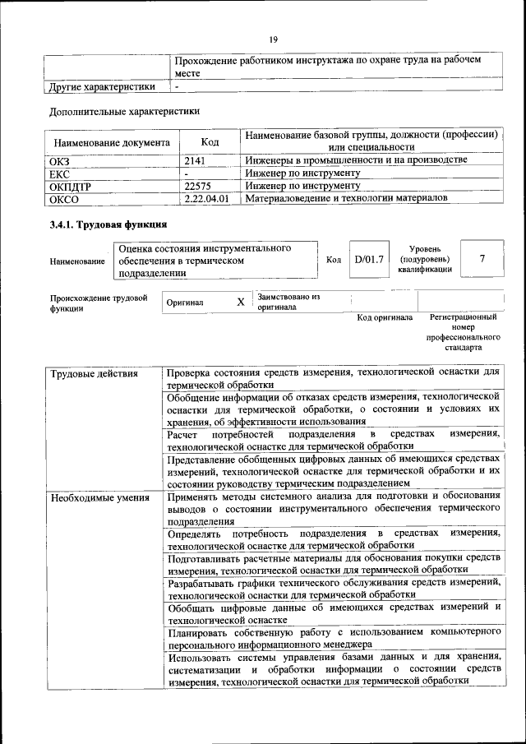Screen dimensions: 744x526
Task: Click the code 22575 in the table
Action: (x=200, y=186)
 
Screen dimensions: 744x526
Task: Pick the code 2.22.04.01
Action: (x=206, y=199)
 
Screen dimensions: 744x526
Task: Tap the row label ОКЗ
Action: (x=60, y=160)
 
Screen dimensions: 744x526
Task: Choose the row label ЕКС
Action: (x=59, y=173)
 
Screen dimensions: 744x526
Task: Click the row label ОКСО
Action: (x=63, y=199)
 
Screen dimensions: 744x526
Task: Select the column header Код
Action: (x=209, y=141)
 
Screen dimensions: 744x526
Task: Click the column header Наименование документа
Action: (x=112, y=141)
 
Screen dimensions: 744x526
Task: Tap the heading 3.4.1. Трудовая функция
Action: (x=108, y=224)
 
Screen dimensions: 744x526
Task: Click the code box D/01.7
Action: (x=369, y=260)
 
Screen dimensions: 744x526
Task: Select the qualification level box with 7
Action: (x=482, y=260)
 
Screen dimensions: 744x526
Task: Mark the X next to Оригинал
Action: (x=241, y=302)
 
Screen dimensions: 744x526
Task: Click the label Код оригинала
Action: (x=385, y=317)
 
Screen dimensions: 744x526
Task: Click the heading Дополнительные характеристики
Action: (x=124, y=110)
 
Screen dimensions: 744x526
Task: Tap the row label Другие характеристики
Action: (x=102, y=85)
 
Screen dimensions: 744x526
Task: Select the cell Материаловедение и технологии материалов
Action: (x=346, y=199)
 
